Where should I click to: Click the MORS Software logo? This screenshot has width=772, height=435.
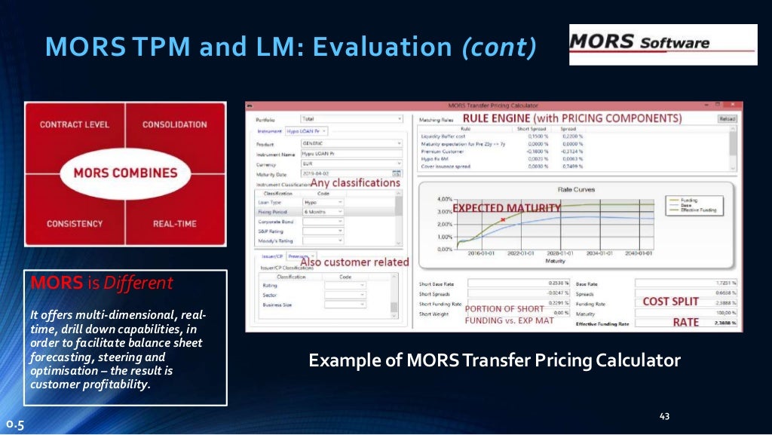point(663,44)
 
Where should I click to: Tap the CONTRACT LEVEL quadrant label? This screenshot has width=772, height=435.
point(74,124)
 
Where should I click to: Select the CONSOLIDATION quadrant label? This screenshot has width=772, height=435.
point(174,124)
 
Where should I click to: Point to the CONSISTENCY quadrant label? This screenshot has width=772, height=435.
point(75,224)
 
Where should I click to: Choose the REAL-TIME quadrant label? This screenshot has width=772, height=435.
point(173,224)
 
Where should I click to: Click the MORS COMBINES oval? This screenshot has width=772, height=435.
point(124,173)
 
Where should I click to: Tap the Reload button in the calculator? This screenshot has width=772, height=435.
point(727,118)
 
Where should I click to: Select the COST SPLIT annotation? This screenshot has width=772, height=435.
point(670,301)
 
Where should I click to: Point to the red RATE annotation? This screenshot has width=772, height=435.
point(685,322)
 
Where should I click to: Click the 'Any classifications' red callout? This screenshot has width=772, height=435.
point(355,182)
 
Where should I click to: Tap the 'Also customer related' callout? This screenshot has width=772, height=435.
point(354,262)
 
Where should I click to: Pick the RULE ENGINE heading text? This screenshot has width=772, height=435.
point(571,118)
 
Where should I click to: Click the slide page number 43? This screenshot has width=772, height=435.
point(664,416)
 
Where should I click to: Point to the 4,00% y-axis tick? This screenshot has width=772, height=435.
point(444,199)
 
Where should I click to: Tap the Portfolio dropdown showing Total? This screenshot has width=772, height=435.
point(351,118)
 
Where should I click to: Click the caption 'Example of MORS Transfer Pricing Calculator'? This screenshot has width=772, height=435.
point(495,360)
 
